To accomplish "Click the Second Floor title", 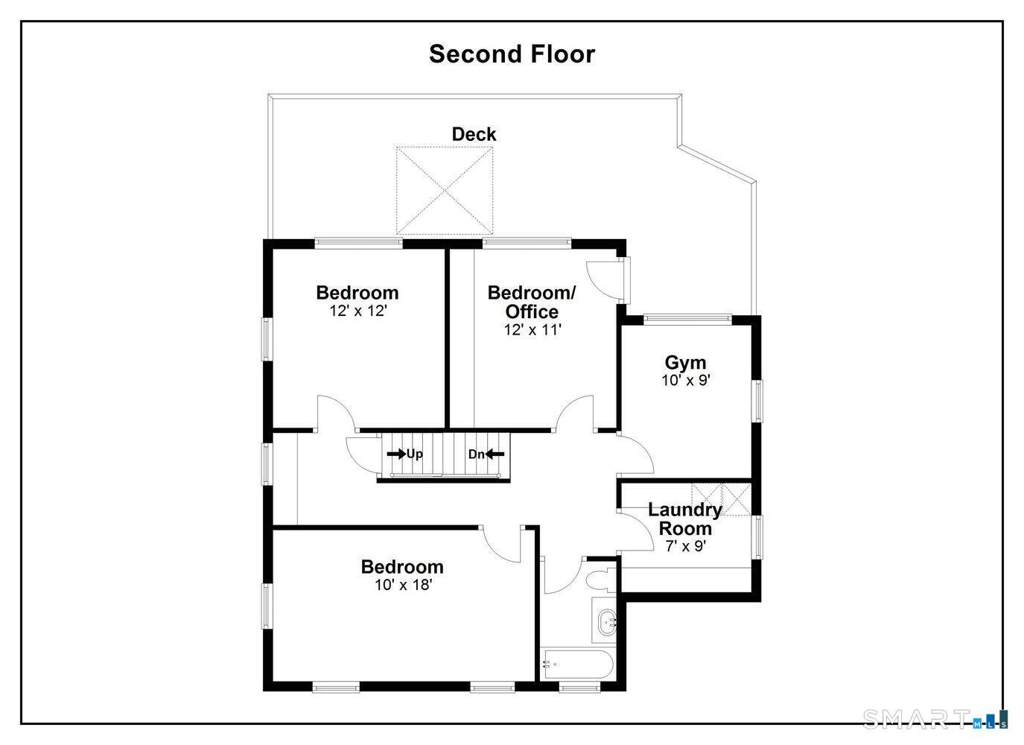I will coord(512,54).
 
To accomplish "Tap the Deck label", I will coord(474,134).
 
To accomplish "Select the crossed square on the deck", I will coord(445,190).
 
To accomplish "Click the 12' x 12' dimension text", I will coord(358,311).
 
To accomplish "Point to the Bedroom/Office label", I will coord(531,302).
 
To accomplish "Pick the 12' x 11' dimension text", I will coord(532,330).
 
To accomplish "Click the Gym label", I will coord(685,363).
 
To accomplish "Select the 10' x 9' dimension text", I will coord(685,381).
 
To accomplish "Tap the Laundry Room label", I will coord(685,519).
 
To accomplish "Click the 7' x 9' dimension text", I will coord(685,546).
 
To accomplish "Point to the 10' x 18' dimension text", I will coord(403,586).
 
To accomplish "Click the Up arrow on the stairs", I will coord(404,454).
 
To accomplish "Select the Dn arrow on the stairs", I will coord(486,454).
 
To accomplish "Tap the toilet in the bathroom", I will coord(600,579).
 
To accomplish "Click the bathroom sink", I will coord(606,620).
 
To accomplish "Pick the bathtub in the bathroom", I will coord(576,664).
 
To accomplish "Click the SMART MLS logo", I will coord(935,719).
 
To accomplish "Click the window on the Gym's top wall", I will coord(687,319).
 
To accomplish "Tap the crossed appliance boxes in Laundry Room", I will coord(720,498).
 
